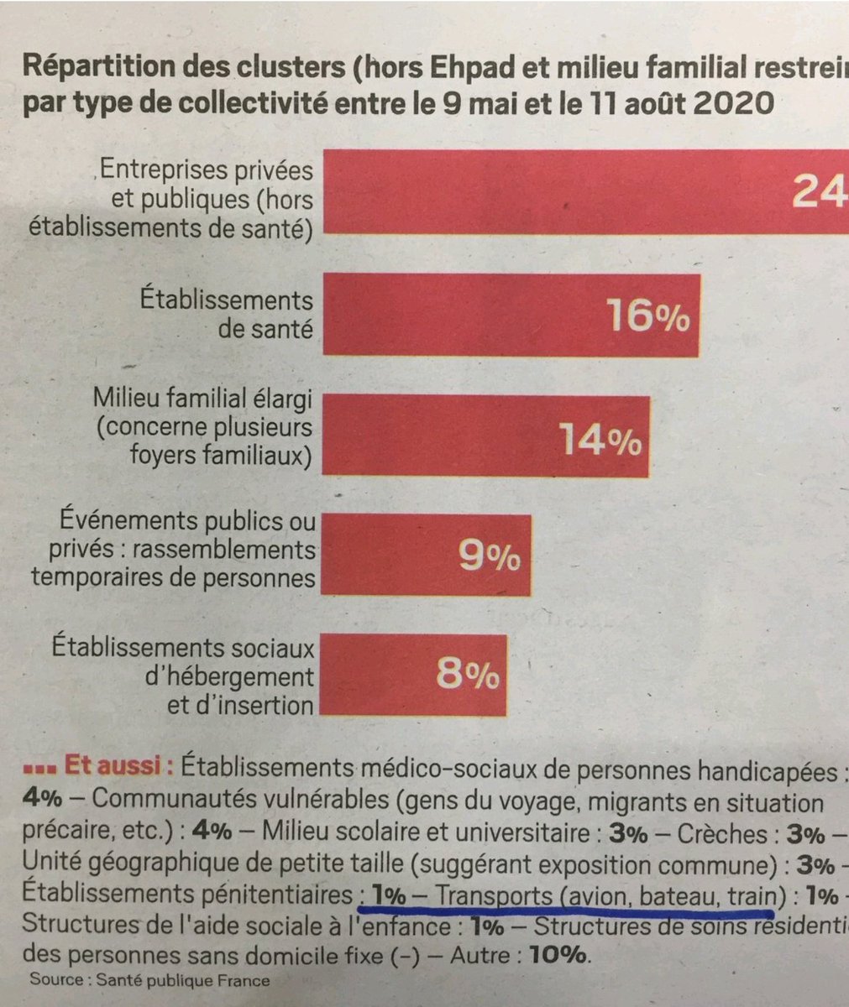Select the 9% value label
click(489, 556)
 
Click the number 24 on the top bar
click(819, 193)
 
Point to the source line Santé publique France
click(149, 980)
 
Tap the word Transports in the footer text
click(492, 895)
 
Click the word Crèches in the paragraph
click(735, 835)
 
